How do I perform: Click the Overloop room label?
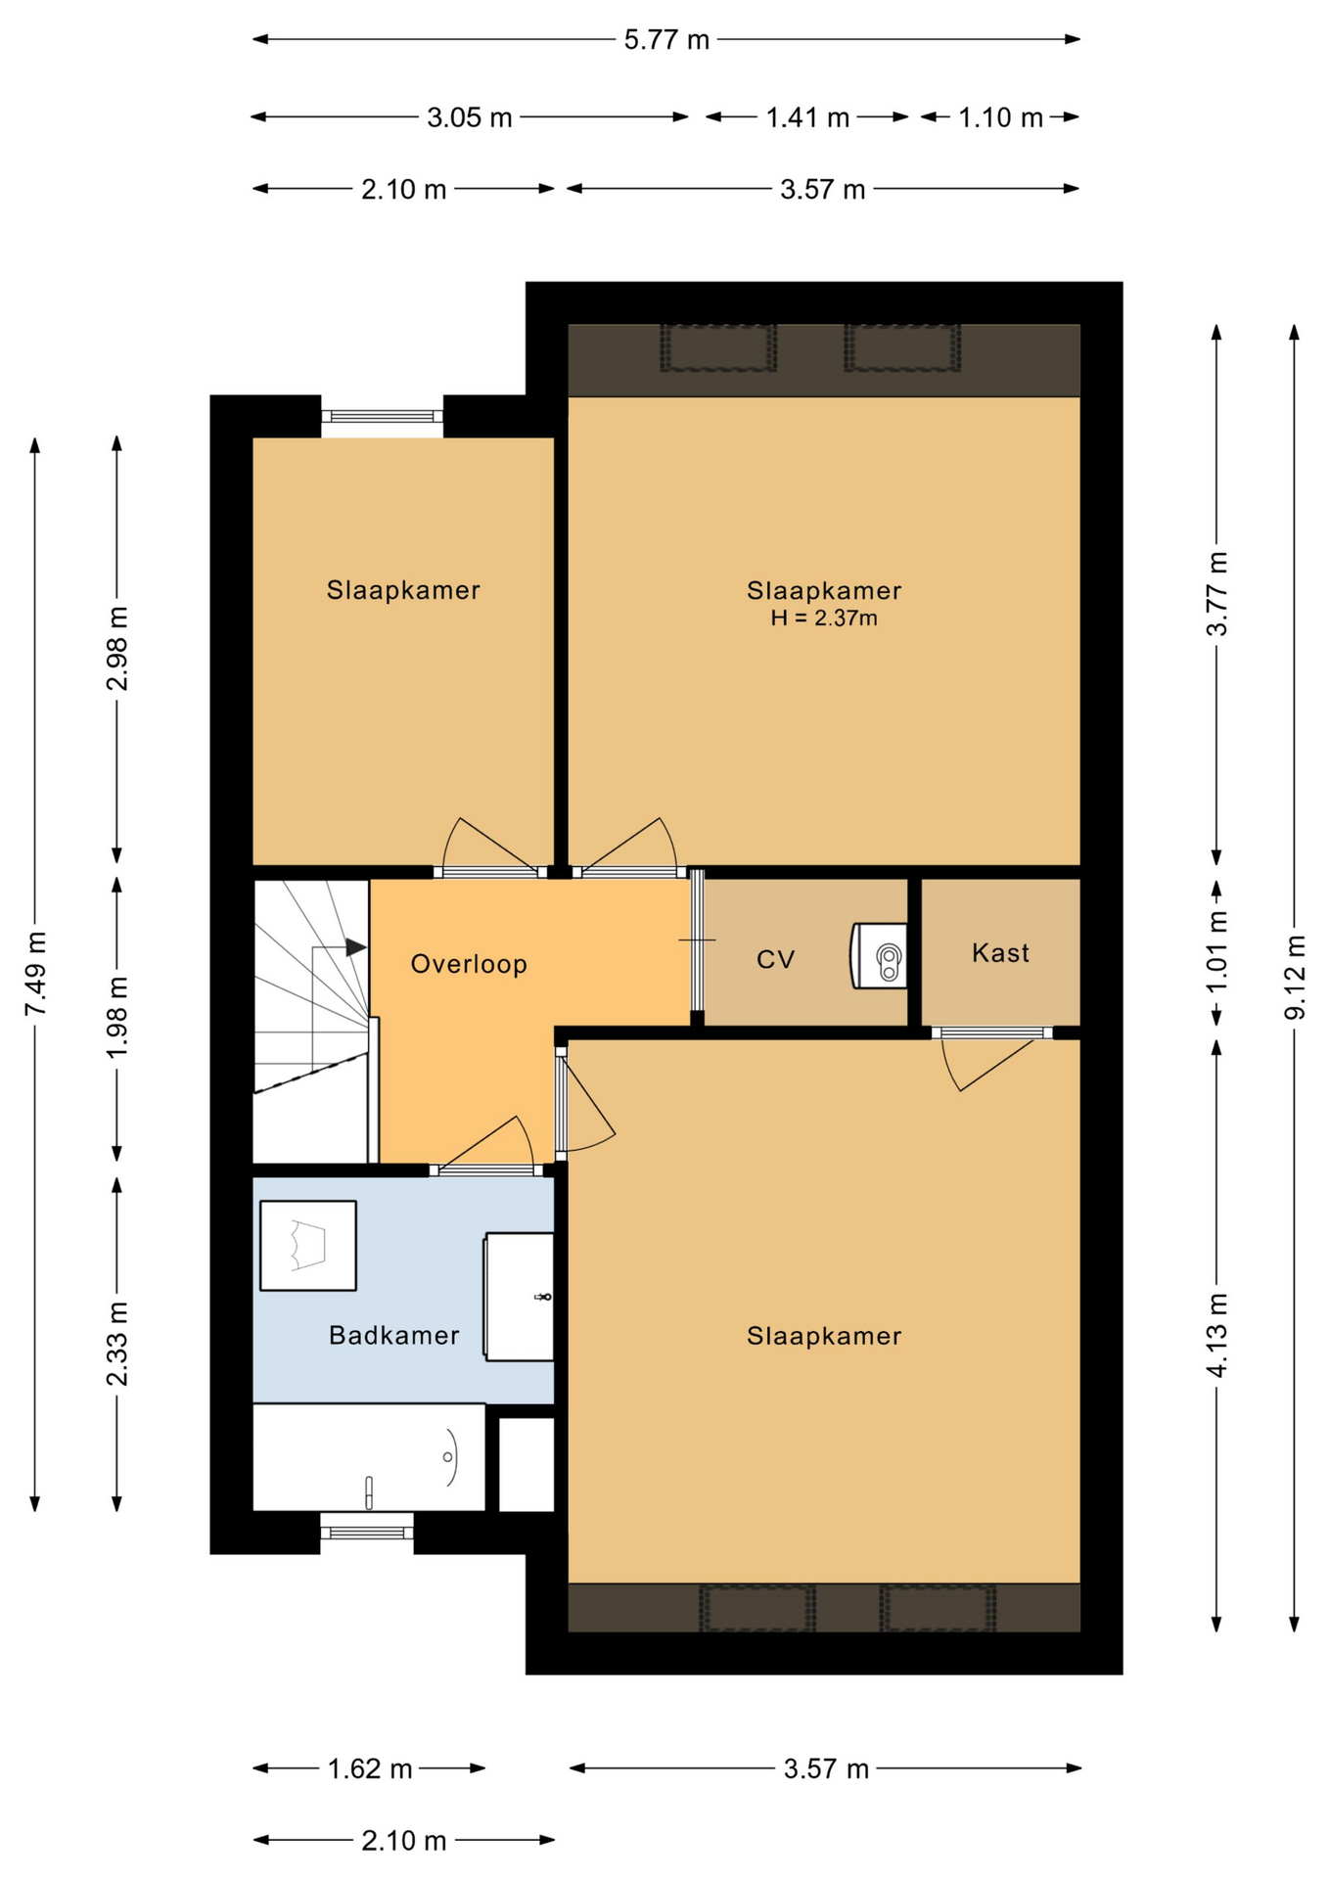469,965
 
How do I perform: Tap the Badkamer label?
394,1336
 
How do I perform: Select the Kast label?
1000,953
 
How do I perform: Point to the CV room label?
776,960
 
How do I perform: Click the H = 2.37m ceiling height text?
824,619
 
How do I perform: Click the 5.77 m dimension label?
666,40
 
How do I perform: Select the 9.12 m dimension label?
1295,977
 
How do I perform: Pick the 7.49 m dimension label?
35,973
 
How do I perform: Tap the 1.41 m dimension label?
807,118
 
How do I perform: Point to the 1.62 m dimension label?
370,1769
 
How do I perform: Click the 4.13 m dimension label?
1217,1335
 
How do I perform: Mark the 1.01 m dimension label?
1217,951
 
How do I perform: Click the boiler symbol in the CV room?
878,955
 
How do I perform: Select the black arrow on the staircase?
356,947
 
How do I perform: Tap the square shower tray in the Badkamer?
308,1246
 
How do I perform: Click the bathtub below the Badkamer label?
369,1457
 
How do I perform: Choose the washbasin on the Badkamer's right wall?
519,1297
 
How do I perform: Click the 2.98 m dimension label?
117,648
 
